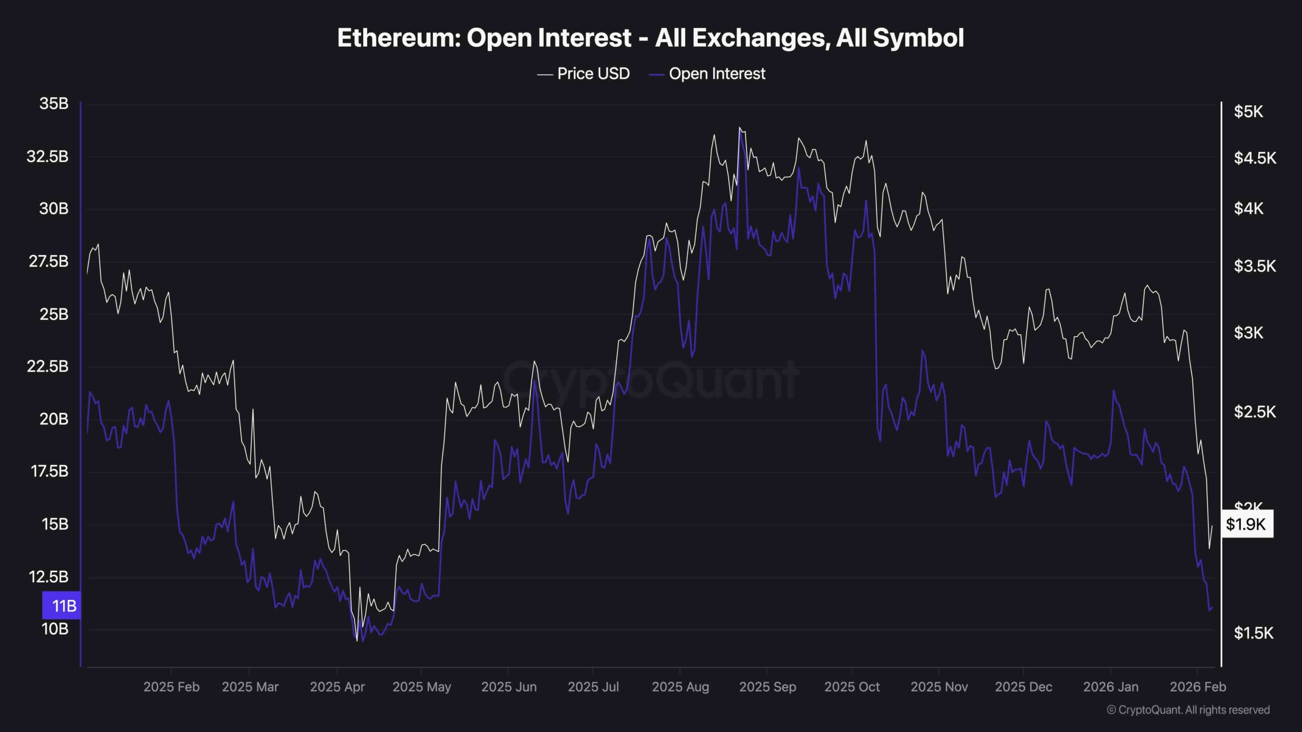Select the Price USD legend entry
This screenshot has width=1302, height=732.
point(593,74)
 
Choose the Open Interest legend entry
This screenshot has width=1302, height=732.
point(717,74)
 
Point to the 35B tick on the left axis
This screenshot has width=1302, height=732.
point(54,104)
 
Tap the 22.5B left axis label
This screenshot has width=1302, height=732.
point(47,366)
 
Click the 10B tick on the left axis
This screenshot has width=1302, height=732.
point(54,629)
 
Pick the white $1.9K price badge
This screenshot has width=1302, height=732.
point(1247,524)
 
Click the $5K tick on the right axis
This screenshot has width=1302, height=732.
point(1249,111)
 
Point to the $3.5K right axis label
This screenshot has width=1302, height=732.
point(1255,266)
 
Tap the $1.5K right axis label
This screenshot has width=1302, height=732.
point(1254,633)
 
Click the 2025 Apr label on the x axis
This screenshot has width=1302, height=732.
point(337,687)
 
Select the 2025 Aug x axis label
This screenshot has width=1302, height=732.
point(680,687)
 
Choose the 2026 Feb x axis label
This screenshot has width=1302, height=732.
point(1198,687)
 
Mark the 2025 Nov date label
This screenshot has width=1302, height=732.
point(939,687)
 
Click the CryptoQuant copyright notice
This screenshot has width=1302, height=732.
point(1188,710)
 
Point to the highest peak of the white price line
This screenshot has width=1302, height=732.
point(739,128)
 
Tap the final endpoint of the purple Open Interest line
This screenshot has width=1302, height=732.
point(1212,607)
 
